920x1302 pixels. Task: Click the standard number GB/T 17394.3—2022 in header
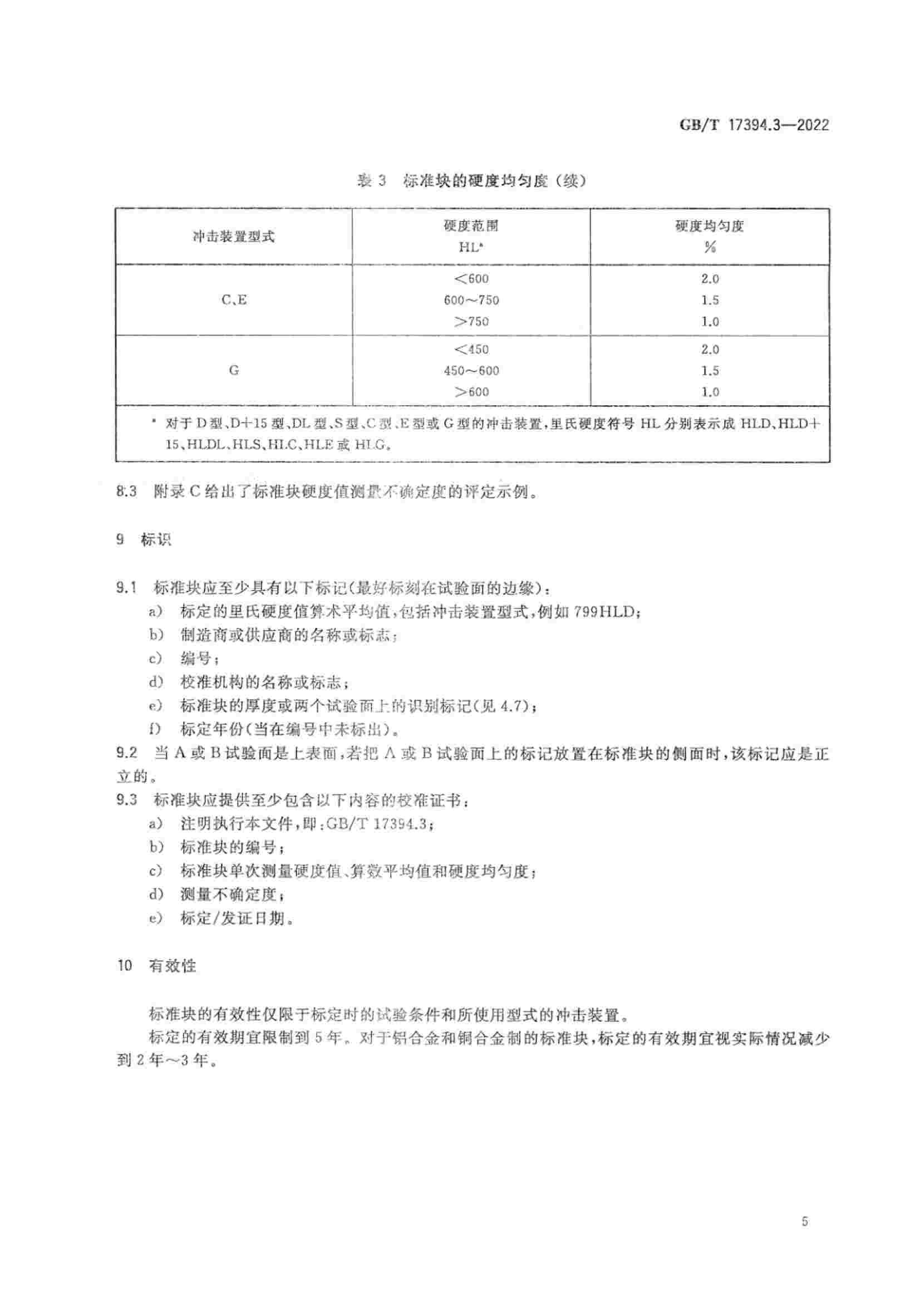tap(754, 125)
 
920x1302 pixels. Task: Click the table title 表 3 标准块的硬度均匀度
tap(470, 181)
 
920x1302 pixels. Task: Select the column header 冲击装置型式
tap(234, 237)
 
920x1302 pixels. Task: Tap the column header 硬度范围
tap(470, 225)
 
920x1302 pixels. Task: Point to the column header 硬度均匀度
tap(709, 225)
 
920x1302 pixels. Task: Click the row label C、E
tap(234, 300)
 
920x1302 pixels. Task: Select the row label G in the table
tap(234, 370)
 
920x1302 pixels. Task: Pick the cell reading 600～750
tap(471, 300)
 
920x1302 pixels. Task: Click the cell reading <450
tap(471, 350)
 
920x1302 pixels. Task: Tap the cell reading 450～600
tap(471, 371)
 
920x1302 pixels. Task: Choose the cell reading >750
tap(471, 322)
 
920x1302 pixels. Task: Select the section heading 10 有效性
tap(156, 965)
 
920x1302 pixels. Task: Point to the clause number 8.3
tap(126, 492)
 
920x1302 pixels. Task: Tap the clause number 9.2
tap(126, 753)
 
